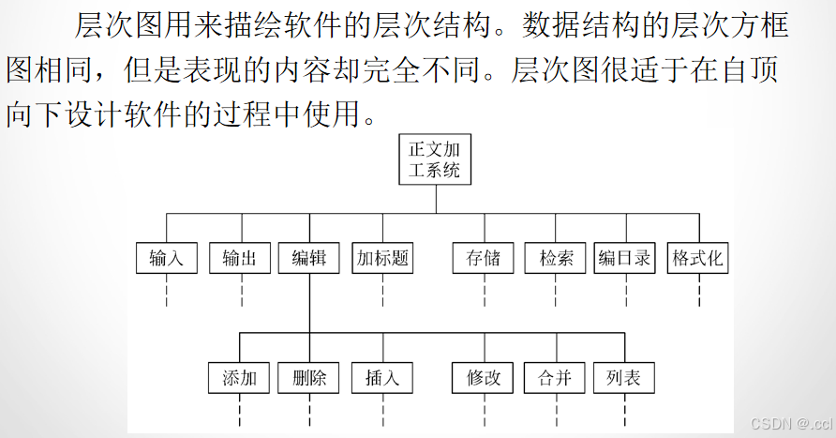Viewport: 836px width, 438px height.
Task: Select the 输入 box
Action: coord(166,259)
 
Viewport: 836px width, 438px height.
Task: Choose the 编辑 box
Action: coord(309,259)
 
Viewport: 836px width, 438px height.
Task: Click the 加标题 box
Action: coord(383,259)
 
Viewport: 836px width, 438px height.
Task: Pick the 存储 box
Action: coord(483,259)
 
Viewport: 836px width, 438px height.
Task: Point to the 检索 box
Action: coord(556,259)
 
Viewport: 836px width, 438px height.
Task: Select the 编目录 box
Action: coord(625,259)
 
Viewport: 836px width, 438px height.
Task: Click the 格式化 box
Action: coord(698,259)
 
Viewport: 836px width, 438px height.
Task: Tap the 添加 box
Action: coord(240,378)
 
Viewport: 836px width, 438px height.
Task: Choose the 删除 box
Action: coord(309,378)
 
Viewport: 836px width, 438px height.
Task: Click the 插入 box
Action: coord(382,378)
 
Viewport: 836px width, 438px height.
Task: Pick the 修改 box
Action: coord(484,378)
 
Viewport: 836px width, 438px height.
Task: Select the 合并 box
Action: coord(555,378)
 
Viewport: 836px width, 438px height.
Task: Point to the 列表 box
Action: coord(623,378)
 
